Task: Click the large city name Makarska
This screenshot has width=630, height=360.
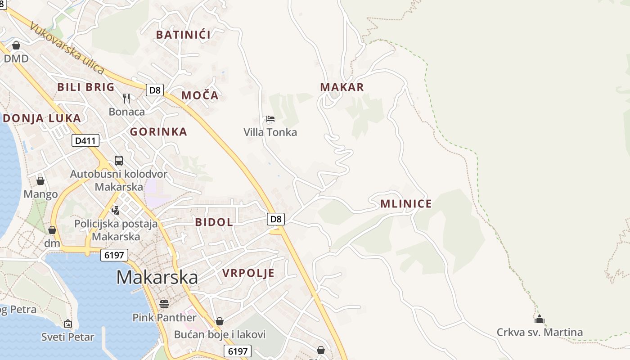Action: point(157,277)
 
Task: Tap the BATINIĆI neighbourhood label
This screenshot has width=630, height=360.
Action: point(183,35)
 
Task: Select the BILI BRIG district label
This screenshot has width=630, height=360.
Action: point(86,87)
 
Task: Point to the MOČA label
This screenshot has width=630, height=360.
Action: point(200,95)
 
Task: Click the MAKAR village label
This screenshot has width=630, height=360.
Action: point(342,87)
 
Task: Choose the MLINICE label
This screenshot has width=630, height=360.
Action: point(406,204)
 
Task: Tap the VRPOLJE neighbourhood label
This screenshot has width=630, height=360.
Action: point(248,273)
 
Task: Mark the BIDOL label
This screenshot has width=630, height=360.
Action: point(214,222)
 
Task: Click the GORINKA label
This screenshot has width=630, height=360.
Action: point(158,132)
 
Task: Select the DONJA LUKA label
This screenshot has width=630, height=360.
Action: point(42,118)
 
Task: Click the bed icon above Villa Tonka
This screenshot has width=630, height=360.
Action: point(270,119)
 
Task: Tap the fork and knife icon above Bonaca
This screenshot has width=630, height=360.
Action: point(127,98)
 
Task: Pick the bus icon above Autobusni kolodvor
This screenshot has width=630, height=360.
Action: point(119,161)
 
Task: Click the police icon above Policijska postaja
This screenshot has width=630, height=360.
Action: point(116,210)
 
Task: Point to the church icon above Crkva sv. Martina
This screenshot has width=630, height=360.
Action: point(540,319)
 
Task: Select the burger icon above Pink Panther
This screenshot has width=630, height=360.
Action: point(164,304)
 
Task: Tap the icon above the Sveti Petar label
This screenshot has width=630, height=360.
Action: point(68,323)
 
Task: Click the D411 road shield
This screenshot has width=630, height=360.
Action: point(85,141)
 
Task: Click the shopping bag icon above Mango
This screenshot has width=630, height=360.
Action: point(40,181)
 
